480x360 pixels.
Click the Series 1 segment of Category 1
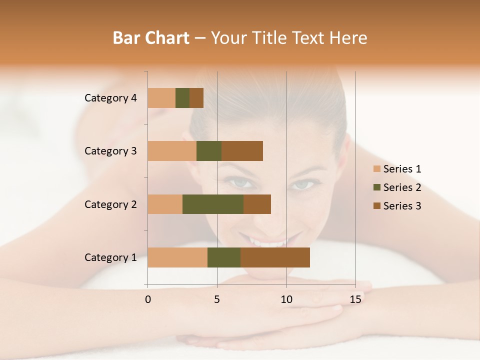[177, 257]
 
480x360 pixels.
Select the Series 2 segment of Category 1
[224, 257]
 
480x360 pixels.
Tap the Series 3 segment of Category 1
[275, 257]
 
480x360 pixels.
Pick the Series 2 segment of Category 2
[213, 204]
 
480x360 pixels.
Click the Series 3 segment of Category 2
[257, 204]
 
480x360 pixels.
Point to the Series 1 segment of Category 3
[172, 151]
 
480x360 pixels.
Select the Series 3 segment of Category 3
[242, 151]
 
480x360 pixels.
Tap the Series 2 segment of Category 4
[182, 98]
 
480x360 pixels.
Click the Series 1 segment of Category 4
[161, 98]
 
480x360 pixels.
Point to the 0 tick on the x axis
[148, 299]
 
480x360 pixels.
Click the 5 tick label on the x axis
[217, 299]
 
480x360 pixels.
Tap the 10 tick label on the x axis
[286, 299]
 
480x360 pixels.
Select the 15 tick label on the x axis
[355, 299]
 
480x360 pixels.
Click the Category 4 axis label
[110, 98]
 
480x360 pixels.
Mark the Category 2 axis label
[110, 204]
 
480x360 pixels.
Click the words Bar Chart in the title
[151, 38]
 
